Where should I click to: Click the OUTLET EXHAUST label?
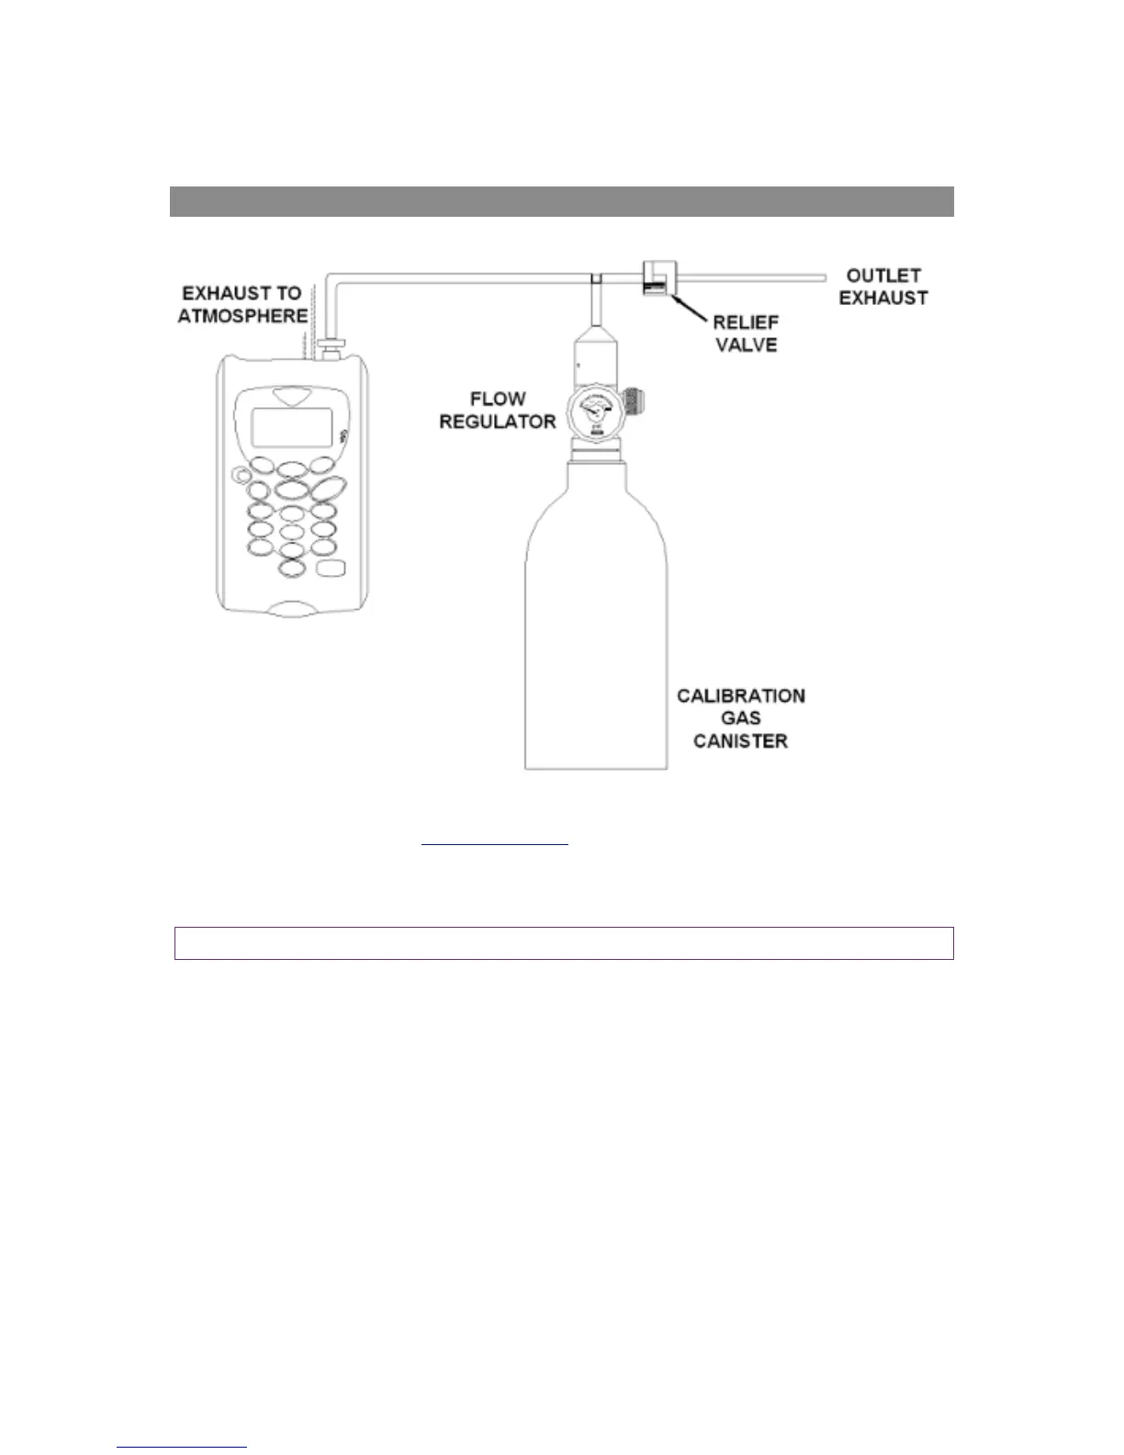coord(882,287)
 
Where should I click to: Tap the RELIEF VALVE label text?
coord(746,333)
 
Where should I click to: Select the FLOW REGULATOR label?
coord(497,411)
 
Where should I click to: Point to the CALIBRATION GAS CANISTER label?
coord(741,718)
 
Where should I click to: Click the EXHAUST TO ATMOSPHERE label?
coord(242,305)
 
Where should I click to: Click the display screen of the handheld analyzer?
coord(291,427)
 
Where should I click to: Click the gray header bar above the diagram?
coord(561,201)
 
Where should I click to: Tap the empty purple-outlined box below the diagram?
coord(564,943)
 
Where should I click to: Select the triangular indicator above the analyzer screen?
coord(292,399)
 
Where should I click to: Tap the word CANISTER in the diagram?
coord(741,741)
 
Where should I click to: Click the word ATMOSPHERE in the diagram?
coord(242,316)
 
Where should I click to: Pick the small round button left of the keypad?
coord(242,476)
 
